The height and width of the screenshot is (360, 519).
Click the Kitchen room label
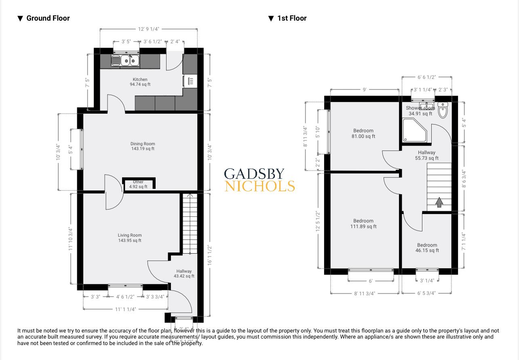pyautogui.click(x=140, y=82)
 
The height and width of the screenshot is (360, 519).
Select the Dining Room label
pyautogui.click(x=142, y=146)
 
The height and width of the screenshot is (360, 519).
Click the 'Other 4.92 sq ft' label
pyautogui.click(x=138, y=184)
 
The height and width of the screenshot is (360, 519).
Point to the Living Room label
pyautogui.click(x=130, y=238)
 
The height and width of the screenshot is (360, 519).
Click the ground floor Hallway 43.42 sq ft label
pyautogui.click(x=184, y=273)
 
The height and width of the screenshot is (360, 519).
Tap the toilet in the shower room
pyautogui.click(x=443, y=110)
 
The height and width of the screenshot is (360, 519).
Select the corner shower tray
pyautogui.click(x=414, y=131)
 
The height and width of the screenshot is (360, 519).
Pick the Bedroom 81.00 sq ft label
pyautogui.click(x=363, y=133)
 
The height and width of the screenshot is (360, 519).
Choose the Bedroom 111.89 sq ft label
pyautogui.click(x=363, y=224)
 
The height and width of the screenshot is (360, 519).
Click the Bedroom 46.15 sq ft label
pyautogui.click(x=427, y=248)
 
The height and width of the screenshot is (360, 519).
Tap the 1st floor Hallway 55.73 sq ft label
pyautogui.click(x=426, y=155)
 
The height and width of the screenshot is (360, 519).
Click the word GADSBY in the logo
pyautogui.click(x=254, y=174)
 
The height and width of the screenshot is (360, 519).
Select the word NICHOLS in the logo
pyautogui.click(x=259, y=186)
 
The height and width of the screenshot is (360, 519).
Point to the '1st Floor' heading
pyautogui.click(x=291, y=18)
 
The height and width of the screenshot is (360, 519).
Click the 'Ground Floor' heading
pyautogui.click(x=48, y=18)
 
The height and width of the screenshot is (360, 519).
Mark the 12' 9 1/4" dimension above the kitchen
pyautogui.click(x=148, y=29)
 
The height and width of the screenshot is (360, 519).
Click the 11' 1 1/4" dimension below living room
pyautogui.click(x=125, y=309)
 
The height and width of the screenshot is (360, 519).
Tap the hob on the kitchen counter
pyautogui.click(x=191, y=81)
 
